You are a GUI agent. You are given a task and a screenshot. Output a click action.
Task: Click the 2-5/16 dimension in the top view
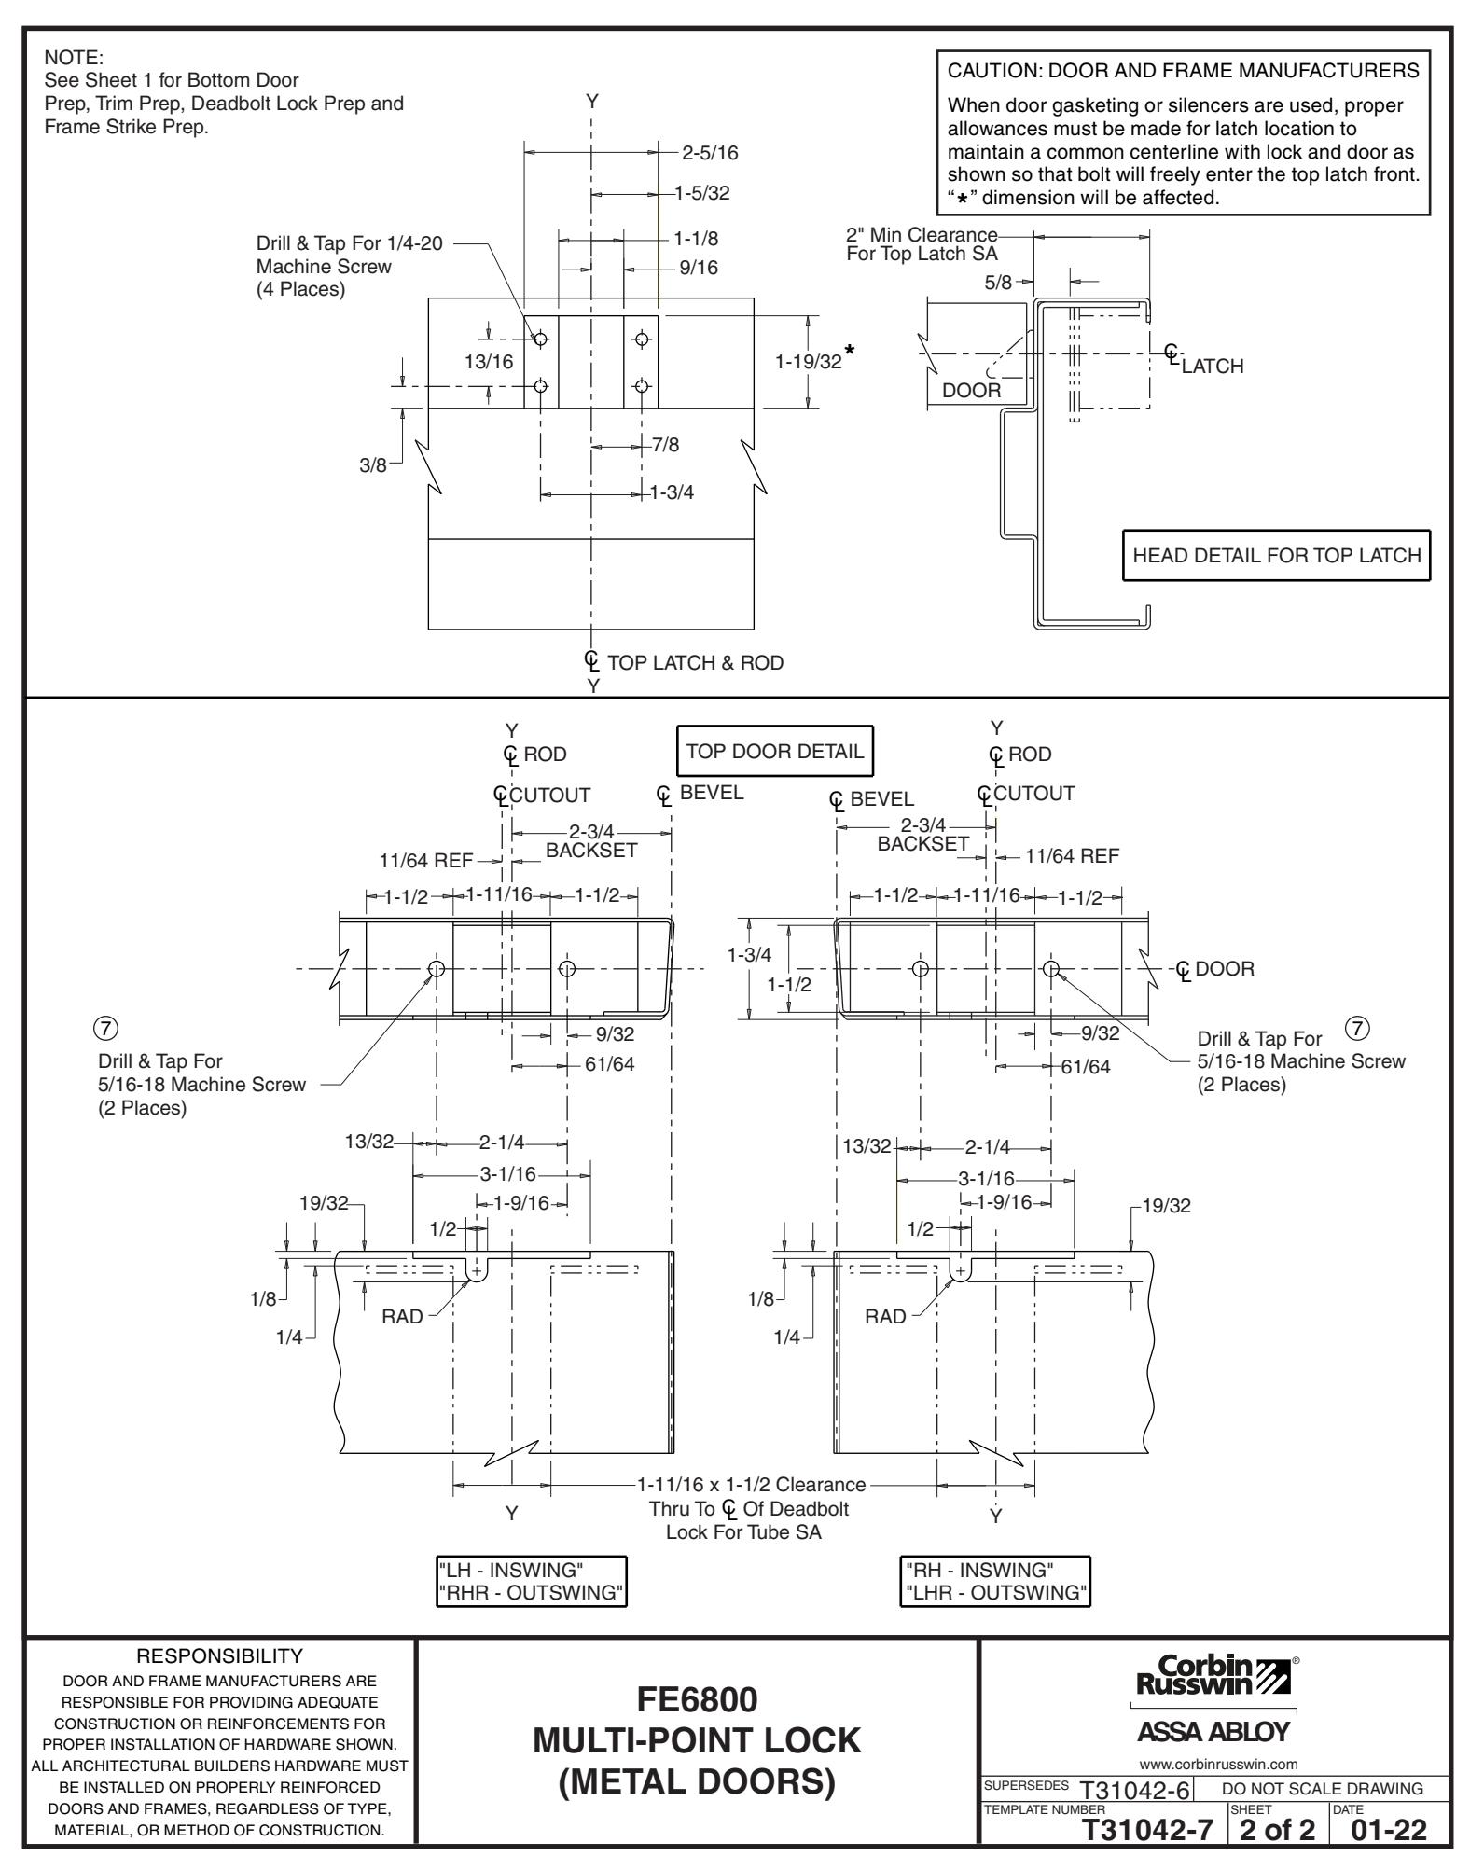711,152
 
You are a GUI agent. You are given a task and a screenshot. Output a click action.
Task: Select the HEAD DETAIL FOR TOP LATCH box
1276,556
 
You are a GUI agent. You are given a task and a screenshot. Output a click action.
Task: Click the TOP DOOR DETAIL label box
775,752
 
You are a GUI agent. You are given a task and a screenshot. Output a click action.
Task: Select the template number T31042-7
1148,1832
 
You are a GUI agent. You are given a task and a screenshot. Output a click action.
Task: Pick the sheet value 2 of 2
1272,1832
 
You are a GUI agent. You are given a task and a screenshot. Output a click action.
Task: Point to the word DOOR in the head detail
971,391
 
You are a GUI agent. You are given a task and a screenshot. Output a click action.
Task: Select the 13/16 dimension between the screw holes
489,363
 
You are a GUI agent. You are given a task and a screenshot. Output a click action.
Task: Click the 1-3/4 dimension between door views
749,954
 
